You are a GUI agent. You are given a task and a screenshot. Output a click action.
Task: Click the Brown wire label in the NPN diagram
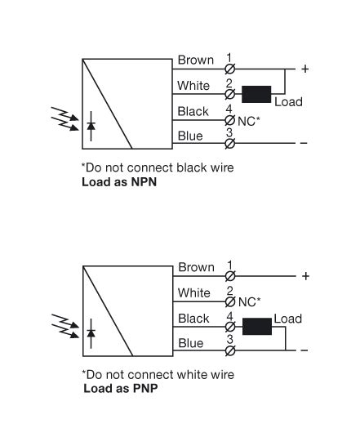(196, 60)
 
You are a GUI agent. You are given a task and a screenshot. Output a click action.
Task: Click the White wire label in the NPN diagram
(194, 86)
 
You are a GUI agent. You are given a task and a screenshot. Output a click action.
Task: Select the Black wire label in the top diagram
(193, 111)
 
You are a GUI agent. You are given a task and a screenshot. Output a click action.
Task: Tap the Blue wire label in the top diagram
(190, 136)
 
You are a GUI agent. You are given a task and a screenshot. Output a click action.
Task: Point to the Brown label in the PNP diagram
(196, 267)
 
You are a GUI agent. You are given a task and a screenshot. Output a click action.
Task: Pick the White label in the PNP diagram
(194, 292)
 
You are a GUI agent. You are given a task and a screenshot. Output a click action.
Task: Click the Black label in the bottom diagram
(193, 319)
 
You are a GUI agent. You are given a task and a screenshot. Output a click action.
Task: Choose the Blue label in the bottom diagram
(190, 343)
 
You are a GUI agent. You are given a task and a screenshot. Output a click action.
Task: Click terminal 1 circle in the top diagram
(230, 69)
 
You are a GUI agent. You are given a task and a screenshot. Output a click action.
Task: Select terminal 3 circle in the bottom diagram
(230, 351)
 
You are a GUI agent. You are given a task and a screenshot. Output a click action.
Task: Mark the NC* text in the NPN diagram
(249, 120)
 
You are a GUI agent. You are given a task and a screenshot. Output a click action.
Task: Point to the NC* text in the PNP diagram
(249, 301)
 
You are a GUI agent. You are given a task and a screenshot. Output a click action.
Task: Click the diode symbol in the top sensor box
(91, 126)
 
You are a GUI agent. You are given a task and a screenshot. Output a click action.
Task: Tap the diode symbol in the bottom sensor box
(91, 333)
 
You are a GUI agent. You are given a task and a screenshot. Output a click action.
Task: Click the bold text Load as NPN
(119, 182)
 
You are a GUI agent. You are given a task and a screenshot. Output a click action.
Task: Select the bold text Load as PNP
(121, 389)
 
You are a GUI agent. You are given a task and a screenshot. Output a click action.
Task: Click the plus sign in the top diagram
(305, 69)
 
